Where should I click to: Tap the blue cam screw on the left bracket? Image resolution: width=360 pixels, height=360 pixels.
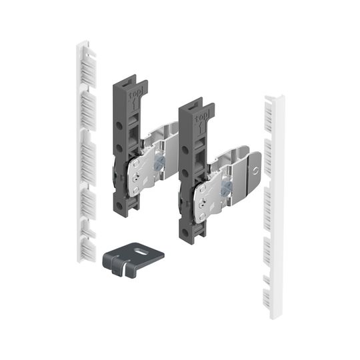pyautogui.click(x=159, y=163)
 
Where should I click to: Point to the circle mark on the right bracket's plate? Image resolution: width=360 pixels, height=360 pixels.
pyautogui.click(x=255, y=171)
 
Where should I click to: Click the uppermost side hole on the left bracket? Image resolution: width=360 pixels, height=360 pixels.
pyautogui.click(x=119, y=125)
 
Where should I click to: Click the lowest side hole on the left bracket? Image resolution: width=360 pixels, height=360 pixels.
pyautogui.click(x=119, y=205)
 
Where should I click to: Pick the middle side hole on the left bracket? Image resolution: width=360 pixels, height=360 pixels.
pyautogui.click(x=119, y=148)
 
